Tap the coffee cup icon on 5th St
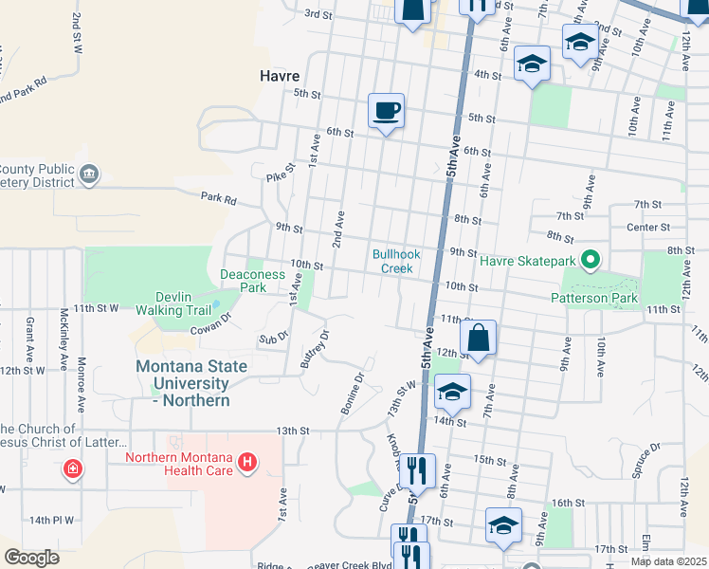(386, 112)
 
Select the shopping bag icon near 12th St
(479, 339)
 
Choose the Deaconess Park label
(252, 280)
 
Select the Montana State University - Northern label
(191, 383)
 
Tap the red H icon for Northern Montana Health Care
(247, 462)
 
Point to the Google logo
(31, 557)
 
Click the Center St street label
(648, 228)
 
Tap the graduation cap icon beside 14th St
(453, 393)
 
